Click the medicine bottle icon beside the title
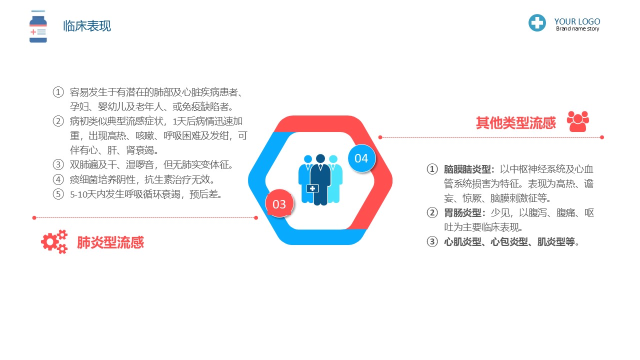pos(38,26)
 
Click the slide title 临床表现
pos(87,26)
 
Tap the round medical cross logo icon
pos(537,23)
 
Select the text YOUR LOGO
pos(577,21)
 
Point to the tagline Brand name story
pos(577,28)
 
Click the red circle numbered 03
pos(279,203)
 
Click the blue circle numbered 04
pos(361,158)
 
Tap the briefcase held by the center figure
pos(312,188)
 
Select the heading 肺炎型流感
pos(110,242)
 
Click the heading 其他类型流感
pos(515,123)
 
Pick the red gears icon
pos(54,241)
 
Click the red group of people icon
pos(577,121)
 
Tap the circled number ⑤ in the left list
pos(58,194)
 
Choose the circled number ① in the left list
pos(58,92)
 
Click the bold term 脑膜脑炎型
pos(467,169)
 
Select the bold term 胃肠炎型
pos(462,213)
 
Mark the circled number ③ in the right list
pos(432,242)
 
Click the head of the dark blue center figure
pos(320,158)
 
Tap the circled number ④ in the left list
pos(58,179)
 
